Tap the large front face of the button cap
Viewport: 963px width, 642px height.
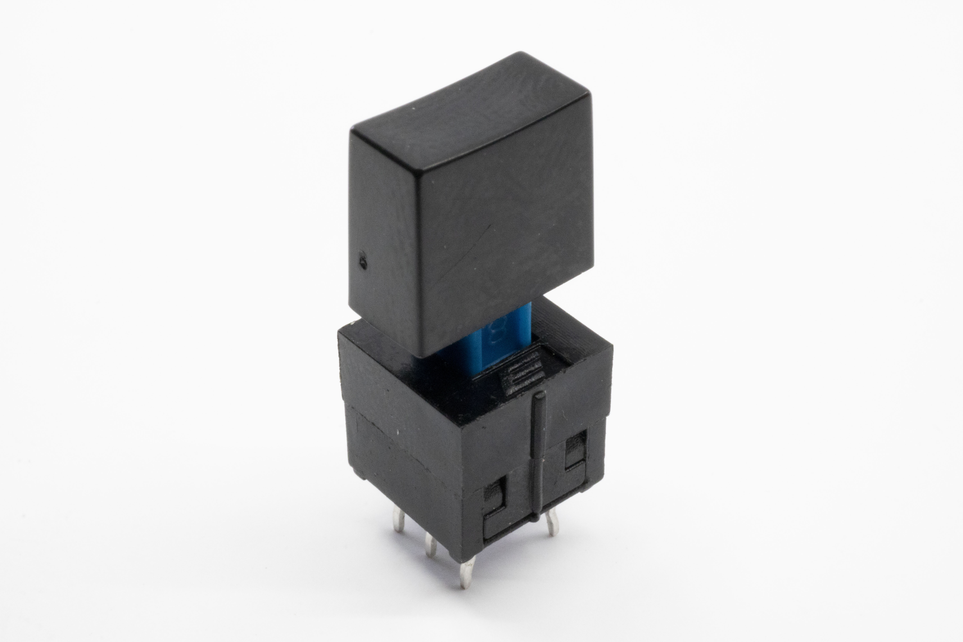point(504,229)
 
